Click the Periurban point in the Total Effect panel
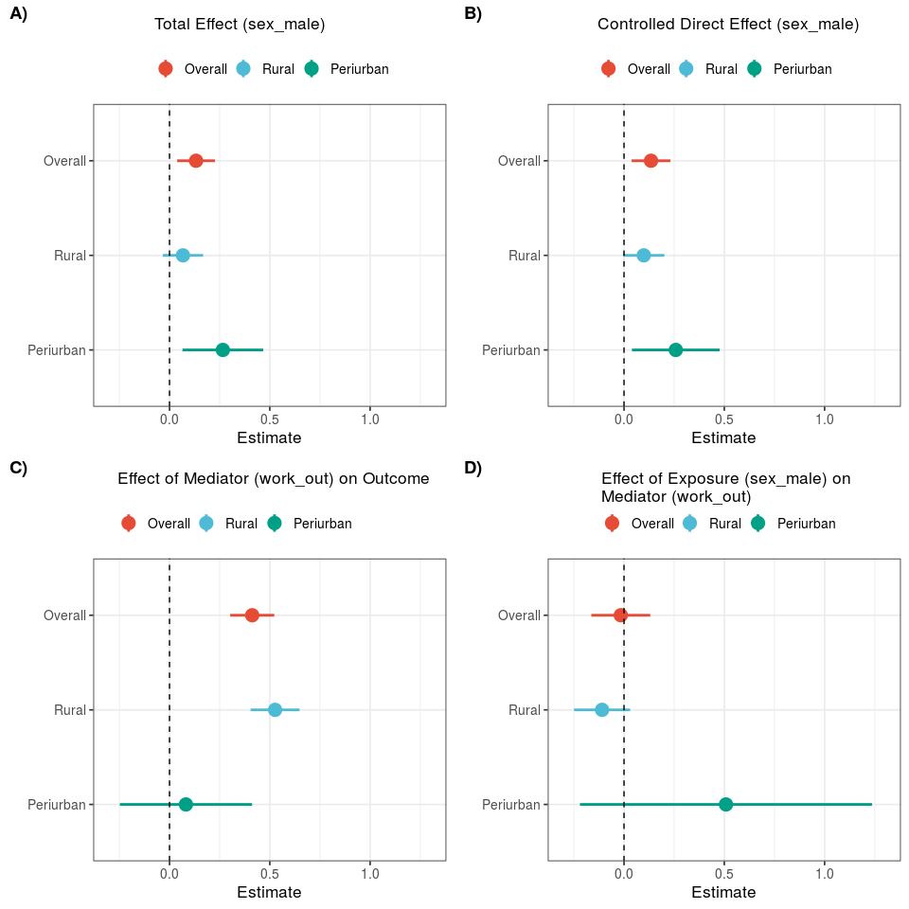223,349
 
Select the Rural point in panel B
644,255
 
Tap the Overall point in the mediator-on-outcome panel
252,615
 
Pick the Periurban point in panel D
726,804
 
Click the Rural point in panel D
602,709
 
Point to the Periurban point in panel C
186,804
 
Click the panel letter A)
19,14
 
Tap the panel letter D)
473,468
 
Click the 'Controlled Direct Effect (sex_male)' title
728,25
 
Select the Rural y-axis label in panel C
70,709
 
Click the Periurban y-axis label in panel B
511,349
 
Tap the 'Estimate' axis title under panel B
723,437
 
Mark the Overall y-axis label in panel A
64,160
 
